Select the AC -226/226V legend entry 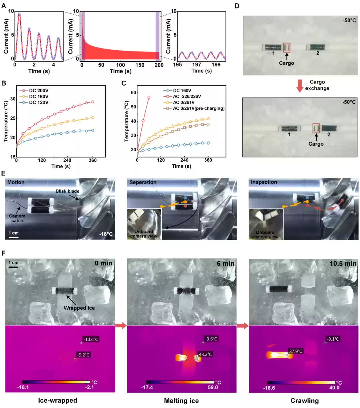coord(187,96)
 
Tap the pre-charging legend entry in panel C coord(198,108)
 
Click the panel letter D coord(237,6)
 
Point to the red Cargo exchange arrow coord(300,85)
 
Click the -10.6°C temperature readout coord(91,339)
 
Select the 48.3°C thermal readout coord(205,354)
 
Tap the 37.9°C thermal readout coord(296,351)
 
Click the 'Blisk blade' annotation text coord(67,191)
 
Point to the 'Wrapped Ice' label coord(79,308)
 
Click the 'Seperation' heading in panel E coord(143,182)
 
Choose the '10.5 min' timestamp coord(343,263)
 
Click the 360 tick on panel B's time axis coord(93,160)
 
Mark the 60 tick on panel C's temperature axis coord(134,93)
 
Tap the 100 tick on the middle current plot coord(121,65)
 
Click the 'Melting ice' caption coord(181,401)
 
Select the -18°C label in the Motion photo coord(106,234)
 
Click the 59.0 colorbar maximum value coord(213,387)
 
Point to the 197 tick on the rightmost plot coord(197,65)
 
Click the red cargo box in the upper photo coord(287,48)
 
